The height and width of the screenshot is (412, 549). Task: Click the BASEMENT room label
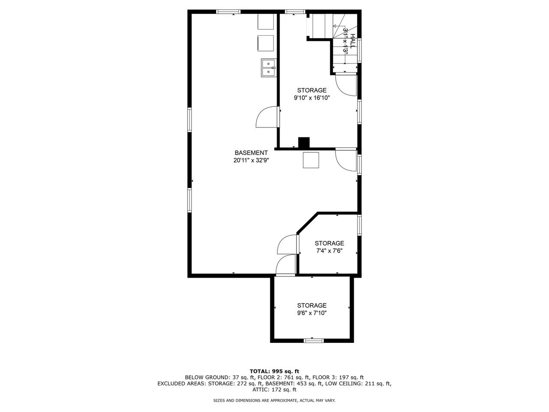pos(251,153)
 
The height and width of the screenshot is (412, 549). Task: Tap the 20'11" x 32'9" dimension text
pos(251,161)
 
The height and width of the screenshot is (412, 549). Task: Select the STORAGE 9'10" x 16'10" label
pos(312,94)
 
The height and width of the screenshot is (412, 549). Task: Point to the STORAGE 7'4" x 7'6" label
pos(329,247)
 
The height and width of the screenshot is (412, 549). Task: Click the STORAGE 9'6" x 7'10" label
pos(312,309)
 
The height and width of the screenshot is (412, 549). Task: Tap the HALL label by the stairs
pos(352,42)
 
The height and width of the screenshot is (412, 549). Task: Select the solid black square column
pos(304,142)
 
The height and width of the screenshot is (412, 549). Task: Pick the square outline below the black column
pos(311,160)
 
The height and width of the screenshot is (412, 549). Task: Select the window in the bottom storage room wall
pos(313,341)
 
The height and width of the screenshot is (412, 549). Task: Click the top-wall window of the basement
pos(228,12)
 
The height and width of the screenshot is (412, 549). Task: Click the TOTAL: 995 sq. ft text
pos(274,371)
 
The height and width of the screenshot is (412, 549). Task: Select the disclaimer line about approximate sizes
pos(274,400)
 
